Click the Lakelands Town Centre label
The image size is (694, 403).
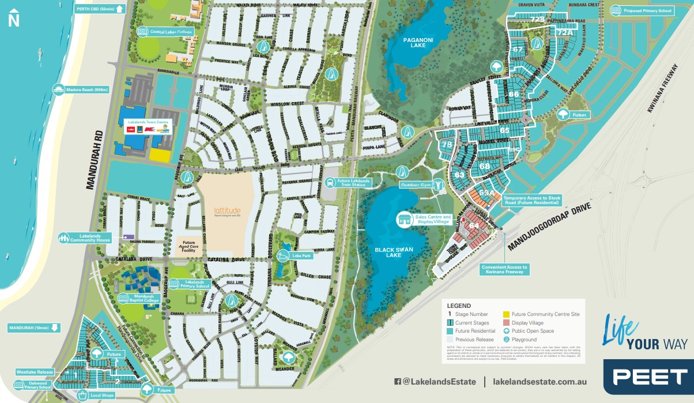point(148,123)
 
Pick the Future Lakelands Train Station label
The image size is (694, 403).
point(352,183)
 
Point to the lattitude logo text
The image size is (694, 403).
point(227,211)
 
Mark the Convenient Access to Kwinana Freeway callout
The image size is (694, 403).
point(505,269)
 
